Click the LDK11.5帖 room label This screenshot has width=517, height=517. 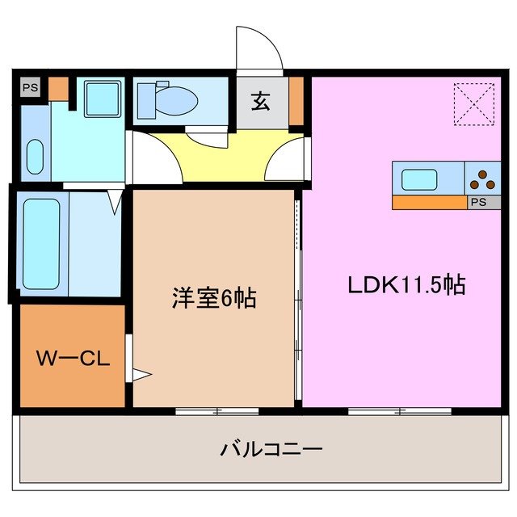pos(406,285)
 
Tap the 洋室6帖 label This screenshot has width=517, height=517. pos(214,298)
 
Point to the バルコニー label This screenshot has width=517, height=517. pos(271,448)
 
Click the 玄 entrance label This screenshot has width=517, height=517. pos(261,103)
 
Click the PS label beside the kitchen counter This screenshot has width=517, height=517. pos(478,203)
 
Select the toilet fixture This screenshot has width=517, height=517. pos(167,99)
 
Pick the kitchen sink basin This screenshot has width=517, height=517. pos(419,179)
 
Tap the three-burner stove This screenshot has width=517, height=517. pos(483,179)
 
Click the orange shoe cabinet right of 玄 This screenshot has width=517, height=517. pos(296,100)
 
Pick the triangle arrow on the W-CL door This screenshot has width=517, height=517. pos(140,373)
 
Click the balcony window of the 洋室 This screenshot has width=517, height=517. pos(216,411)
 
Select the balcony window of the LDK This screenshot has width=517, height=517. pos(400,411)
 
